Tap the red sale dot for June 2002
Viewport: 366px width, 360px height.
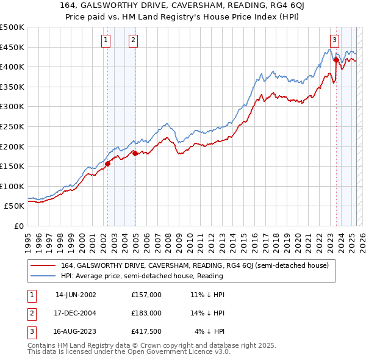[107, 164]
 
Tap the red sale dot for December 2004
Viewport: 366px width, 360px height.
[135, 153]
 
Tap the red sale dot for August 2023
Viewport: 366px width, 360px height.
[336, 60]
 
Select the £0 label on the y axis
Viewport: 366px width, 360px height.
[19, 226]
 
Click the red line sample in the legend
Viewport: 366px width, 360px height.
[43, 265]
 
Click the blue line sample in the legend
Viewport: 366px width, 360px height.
[43, 276]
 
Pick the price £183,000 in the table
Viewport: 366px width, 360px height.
[146, 313]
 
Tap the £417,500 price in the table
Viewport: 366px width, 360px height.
[146, 332]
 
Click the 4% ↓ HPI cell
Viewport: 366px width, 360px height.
[210, 332]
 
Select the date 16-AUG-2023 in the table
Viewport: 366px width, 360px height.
[76, 332]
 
